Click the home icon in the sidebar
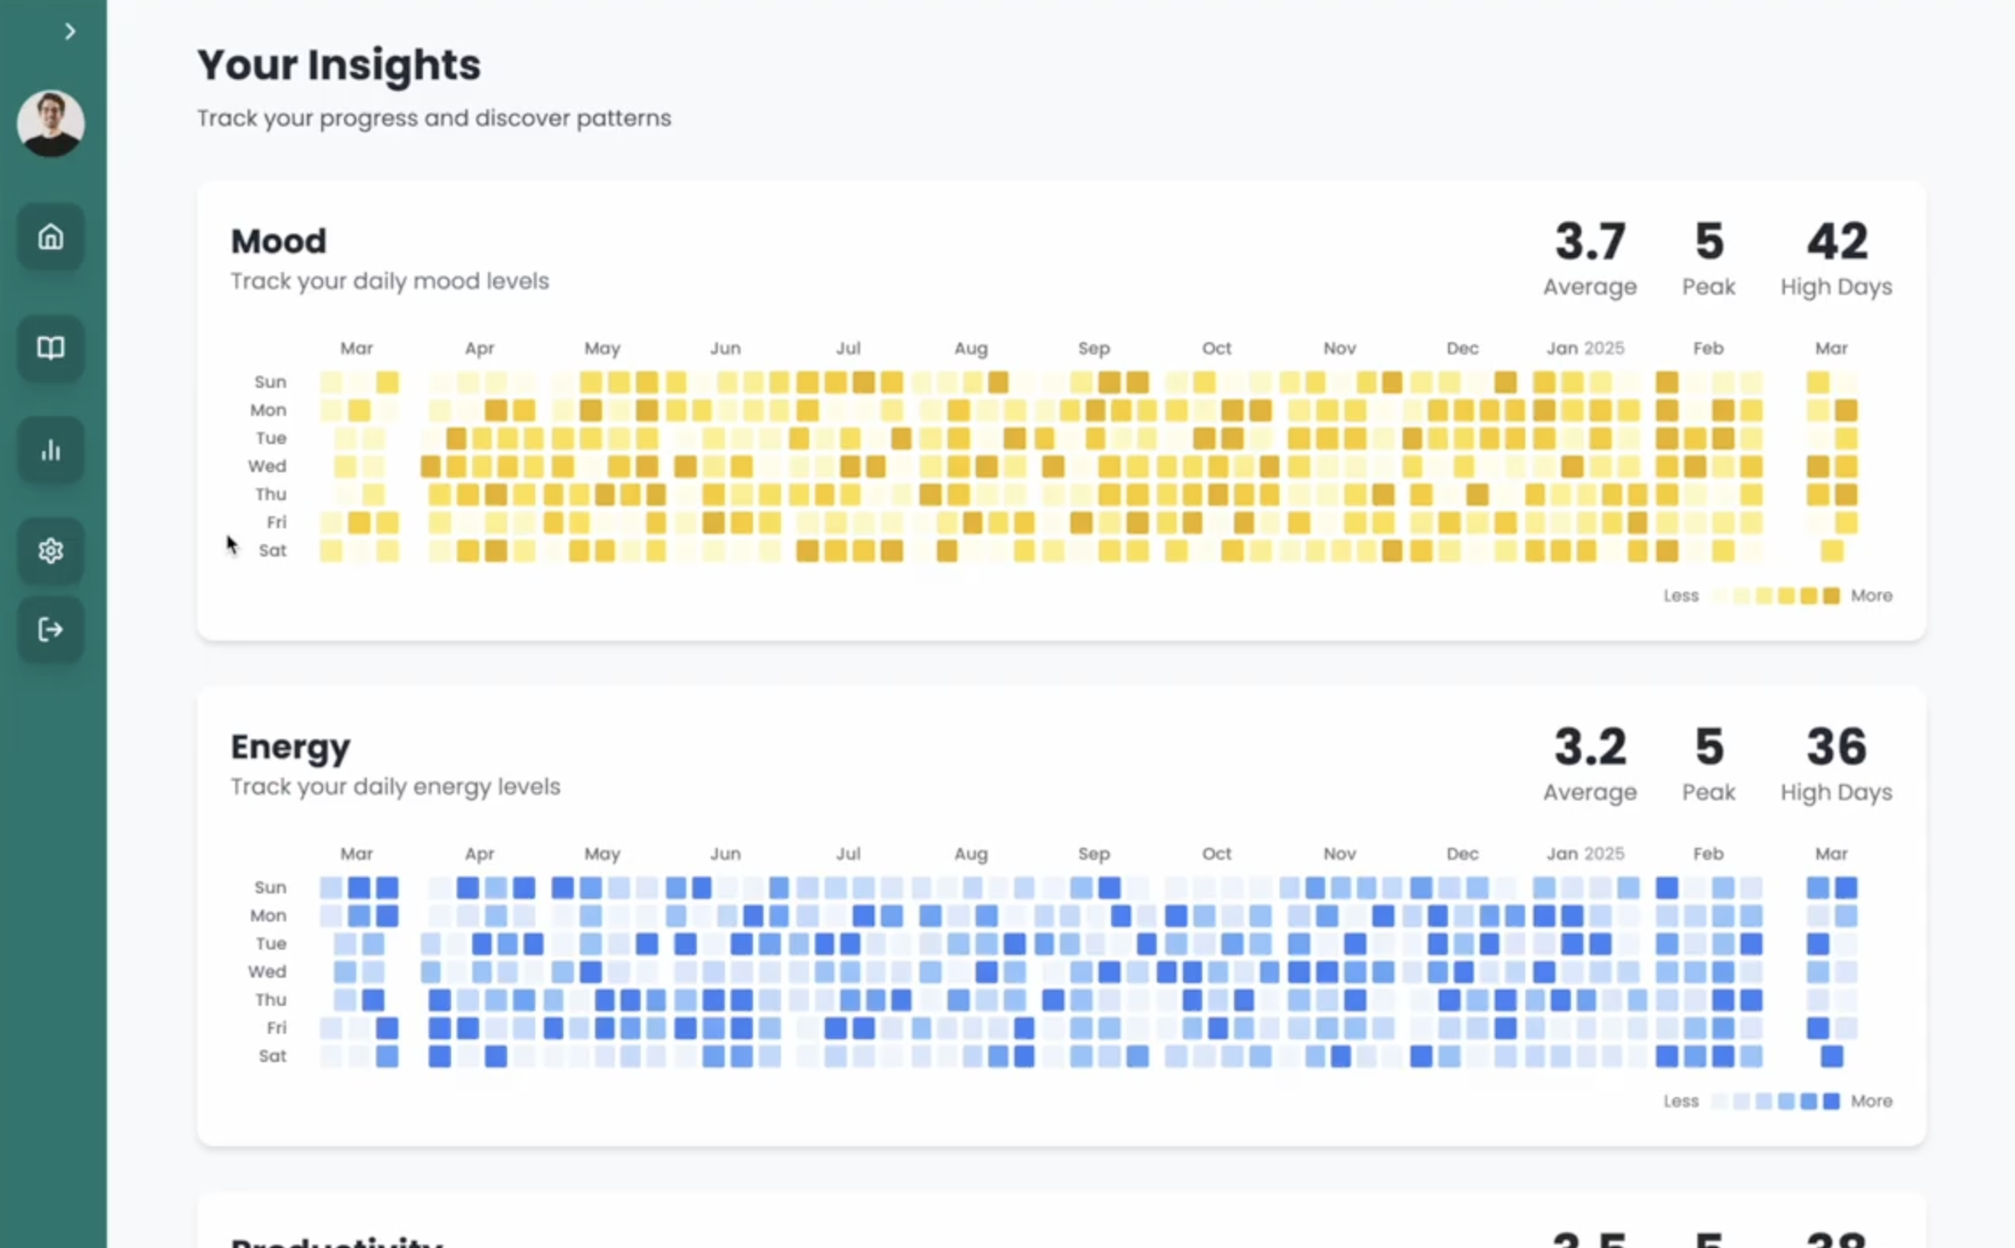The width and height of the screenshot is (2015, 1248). [x=51, y=237]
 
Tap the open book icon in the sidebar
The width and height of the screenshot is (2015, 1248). [x=51, y=348]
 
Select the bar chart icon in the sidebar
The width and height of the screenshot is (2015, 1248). [x=51, y=450]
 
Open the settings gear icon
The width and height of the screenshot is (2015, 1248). [x=51, y=550]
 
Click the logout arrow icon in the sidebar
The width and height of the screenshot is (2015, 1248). [x=51, y=629]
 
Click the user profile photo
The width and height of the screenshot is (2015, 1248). [x=51, y=124]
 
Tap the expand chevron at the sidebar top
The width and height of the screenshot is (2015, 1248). [x=70, y=32]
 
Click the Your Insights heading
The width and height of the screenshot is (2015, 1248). [x=339, y=65]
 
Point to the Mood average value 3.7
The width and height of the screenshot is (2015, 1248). [x=1589, y=241]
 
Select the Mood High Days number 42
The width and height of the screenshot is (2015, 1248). [x=1836, y=241]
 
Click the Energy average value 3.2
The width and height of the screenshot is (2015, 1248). [x=1589, y=747]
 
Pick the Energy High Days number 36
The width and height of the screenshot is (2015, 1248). [x=1836, y=747]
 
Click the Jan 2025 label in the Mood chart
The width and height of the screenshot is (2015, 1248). [x=1585, y=348]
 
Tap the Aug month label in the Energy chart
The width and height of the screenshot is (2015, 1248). [x=971, y=854]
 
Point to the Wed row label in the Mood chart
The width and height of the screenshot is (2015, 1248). [x=267, y=466]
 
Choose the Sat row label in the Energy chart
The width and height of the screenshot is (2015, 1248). [x=272, y=1056]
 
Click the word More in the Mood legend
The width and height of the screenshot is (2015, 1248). [x=1871, y=596]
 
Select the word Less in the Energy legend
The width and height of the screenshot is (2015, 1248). [x=1681, y=1101]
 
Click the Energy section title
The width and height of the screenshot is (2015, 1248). [x=290, y=747]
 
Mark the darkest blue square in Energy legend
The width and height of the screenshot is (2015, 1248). [x=1831, y=1101]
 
